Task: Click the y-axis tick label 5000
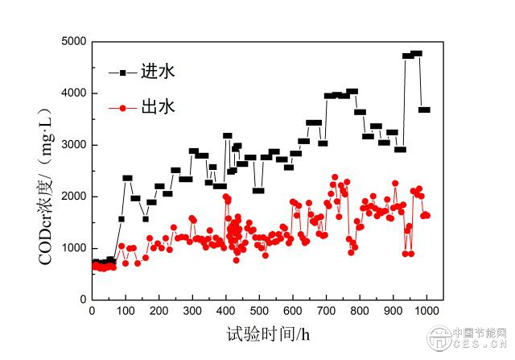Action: click(x=72, y=42)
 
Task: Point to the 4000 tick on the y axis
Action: click(x=72, y=93)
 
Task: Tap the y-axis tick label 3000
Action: click(x=72, y=145)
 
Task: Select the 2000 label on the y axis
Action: click(x=72, y=197)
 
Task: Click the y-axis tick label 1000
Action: click(x=72, y=248)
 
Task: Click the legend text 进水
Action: click(x=158, y=72)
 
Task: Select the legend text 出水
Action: click(x=158, y=106)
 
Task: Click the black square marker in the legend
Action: click(x=122, y=72)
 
